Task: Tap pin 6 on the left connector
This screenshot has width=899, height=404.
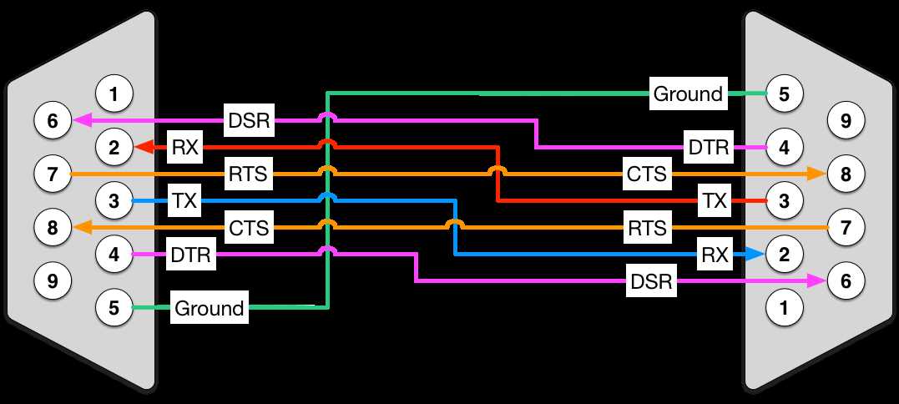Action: (x=53, y=122)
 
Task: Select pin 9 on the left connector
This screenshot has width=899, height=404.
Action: (x=53, y=281)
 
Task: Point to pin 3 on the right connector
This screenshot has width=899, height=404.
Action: (x=784, y=200)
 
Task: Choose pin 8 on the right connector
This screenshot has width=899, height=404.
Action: (x=846, y=174)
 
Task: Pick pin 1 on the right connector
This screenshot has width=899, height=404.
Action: (x=784, y=309)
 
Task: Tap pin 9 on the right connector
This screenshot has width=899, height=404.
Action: (x=846, y=122)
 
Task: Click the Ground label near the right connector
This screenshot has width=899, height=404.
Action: (x=688, y=94)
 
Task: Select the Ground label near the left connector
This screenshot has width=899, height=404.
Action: (x=209, y=308)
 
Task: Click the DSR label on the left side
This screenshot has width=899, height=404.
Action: (x=249, y=121)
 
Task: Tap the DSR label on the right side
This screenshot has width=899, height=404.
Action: (x=652, y=282)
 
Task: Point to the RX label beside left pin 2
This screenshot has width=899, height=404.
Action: (x=183, y=148)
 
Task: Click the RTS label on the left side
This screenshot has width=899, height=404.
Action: (x=249, y=174)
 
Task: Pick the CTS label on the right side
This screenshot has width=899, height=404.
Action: (x=647, y=174)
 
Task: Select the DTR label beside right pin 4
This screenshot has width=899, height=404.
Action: (x=708, y=148)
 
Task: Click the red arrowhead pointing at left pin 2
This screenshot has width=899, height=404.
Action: (x=144, y=148)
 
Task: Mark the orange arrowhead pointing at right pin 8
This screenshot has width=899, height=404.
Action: (x=819, y=174)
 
